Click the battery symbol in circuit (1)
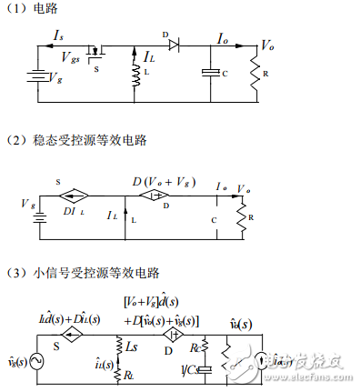coord(37,78)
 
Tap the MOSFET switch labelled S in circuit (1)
coord(92,52)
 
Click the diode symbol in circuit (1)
coord(174,45)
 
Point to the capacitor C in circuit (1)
coord(211,73)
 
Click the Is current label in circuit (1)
coord(59,34)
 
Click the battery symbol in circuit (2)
coord(36,217)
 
